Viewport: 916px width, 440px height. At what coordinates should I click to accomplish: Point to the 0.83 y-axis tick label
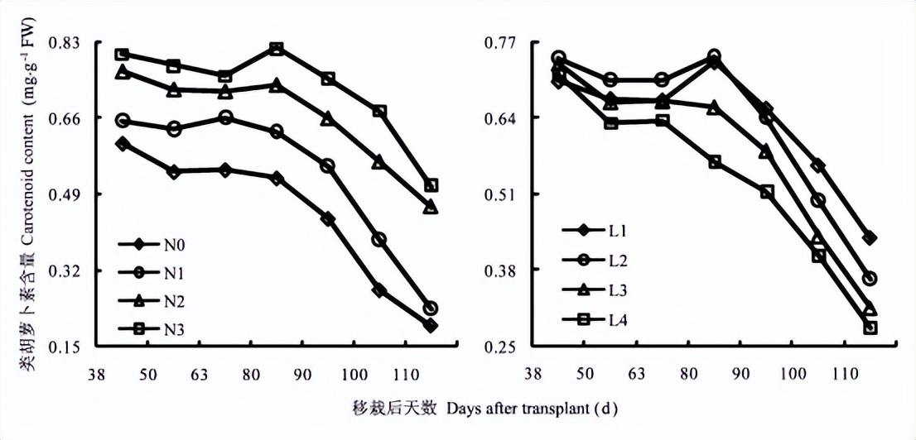click(x=65, y=42)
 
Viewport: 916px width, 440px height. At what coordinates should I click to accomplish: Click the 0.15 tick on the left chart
click(x=65, y=347)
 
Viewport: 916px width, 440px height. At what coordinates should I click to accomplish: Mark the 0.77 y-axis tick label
click(x=505, y=42)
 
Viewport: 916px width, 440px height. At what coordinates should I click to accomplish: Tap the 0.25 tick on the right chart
click(x=505, y=347)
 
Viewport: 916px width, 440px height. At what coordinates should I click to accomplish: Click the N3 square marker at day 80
click(x=277, y=49)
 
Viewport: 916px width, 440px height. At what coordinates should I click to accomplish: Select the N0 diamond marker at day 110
click(x=431, y=325)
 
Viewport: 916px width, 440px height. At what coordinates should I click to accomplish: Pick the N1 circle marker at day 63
click(x=225, y=117)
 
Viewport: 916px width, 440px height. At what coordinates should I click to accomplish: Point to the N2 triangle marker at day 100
click(x=378, y=161)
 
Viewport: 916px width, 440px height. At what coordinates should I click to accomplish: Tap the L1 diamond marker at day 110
click(x=870, y=238)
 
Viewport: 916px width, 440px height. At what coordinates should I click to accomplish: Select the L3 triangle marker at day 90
click(x=765, y=151)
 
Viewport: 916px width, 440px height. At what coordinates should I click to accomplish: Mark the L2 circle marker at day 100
click(x=818, y=200)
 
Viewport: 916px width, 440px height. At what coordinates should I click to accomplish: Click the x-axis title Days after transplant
click(x=530, y=409)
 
